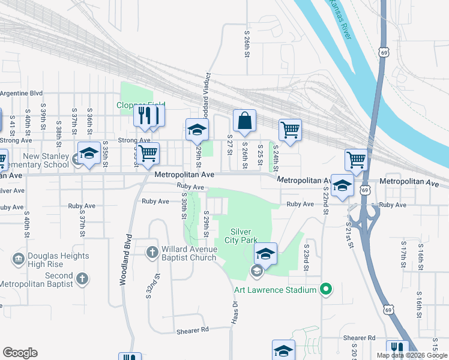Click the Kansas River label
pyautogui.click(x=339, y=19)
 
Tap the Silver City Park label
pyautogui.click(x=245, y=236)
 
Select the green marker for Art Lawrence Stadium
pyautogui.click(x=326, y=290)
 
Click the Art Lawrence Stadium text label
pyautogui.click(x=275, y=290)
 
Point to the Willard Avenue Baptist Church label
pyautogui.click(x=188, y=254)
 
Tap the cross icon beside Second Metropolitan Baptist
pyautogui.click(x=82, y=279)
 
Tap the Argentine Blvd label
pyautogui.click(x=22, y=93)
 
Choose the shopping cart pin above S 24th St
pyautogui.click(x=290, y=130)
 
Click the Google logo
pyautogui.click(x=20, y=353)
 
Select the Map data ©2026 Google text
pyautogui.click(x=412, y=355)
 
